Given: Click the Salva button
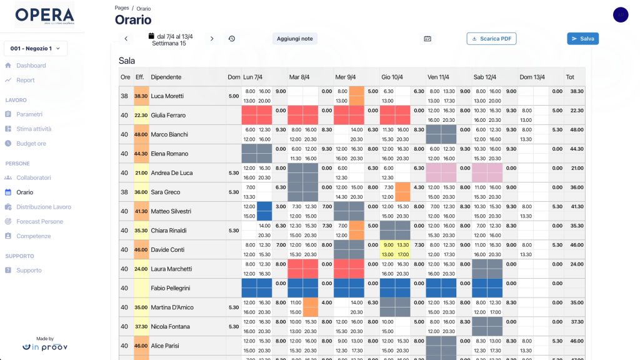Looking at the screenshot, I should [x=582, y=39].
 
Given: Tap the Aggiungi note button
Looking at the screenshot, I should [x=295, y=39].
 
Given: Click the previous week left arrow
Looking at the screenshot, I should [x=126, y=39].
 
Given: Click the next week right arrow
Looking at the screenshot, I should [x=212, y=39].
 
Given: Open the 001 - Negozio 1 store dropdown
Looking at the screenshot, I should [x=36, y=48].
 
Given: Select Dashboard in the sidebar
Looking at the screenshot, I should [x=31, y=66].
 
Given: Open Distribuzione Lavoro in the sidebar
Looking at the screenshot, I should [x=43, y=207].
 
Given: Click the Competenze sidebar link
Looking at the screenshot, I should [x=34, y=236].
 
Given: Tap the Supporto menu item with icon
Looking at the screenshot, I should [x=29, y=271].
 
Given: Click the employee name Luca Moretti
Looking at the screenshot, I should [x=168, y=96].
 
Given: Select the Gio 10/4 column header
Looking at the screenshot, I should [x=393, y=77].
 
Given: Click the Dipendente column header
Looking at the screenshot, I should [x=166, y=77].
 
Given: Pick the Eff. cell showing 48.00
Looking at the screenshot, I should [x=141, y=135].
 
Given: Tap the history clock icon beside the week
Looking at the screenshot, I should [x=232, y=39].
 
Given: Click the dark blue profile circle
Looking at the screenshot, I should [x=621, y=15].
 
